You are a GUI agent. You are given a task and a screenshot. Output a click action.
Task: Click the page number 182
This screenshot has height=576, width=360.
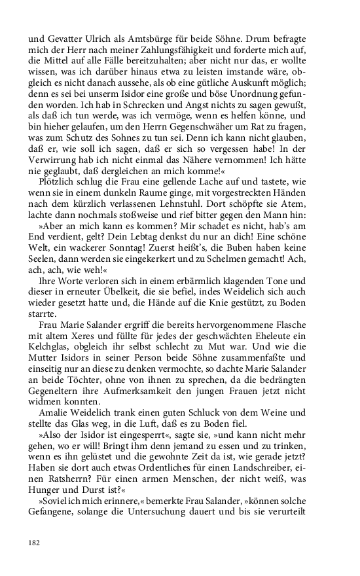coord(34,543)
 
